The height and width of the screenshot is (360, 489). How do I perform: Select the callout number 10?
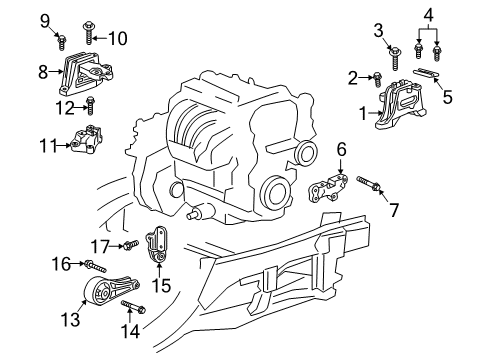(x=119, y=39)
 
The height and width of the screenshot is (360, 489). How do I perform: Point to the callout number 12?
(x=66, y=106)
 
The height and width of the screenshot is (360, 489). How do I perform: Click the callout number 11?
(x=47, y=145)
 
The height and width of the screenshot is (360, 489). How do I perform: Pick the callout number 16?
(x=61, y=263)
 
